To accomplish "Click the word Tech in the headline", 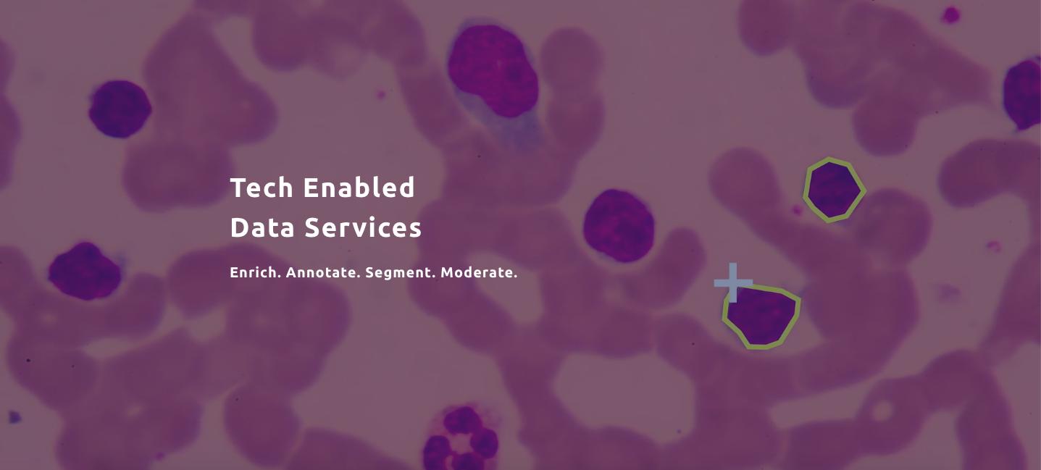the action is click(x=262, y=188).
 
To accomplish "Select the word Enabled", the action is click(x=359, y=187).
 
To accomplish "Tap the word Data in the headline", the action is click(x=262, y=227).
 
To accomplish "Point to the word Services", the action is click(x=363, y=227).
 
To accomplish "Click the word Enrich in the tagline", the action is click(x=255, y=272).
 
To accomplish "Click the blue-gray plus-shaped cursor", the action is click(x=733, y=282).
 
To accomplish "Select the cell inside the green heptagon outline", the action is click(x=834, y=190).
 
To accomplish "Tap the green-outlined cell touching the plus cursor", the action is click(x=761, y=316).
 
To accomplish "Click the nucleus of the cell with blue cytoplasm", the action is click(x=493, y=70).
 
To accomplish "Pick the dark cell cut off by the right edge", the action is click(x=1023, y=94).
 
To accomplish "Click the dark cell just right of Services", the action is click(x=619, y=225).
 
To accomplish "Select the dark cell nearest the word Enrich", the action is click(x=85, y=271).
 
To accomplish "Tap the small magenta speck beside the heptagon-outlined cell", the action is click(x=797, y=211).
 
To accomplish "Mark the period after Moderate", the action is click(x=515, y=277).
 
